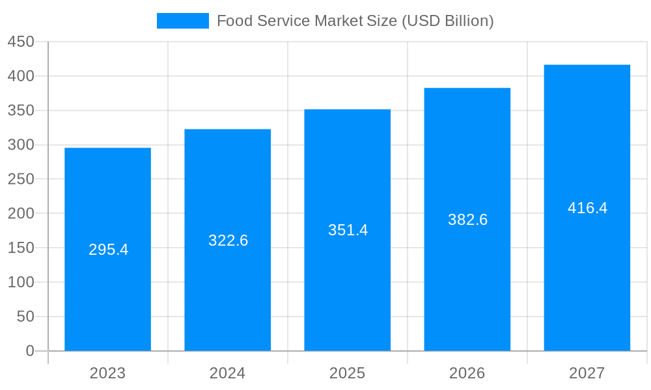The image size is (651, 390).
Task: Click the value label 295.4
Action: click(108, 250)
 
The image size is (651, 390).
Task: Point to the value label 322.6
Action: click(228, 240)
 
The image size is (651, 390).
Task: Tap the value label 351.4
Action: click(348, 230)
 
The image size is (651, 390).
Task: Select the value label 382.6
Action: click(467, 220)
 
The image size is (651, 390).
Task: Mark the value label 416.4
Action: click(587, 208)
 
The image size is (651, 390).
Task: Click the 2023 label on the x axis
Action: click(107, 373)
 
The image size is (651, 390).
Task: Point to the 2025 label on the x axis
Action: click(347, 373)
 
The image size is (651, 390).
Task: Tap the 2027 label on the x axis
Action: click(587, 373)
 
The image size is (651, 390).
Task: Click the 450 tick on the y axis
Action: click(20, 42)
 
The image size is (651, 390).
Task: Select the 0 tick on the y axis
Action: click(30, 351)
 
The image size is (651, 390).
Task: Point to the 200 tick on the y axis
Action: click(20, 213)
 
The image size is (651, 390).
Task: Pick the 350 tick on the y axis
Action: click(20, 110)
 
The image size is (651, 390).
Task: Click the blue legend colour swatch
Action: click(182, 21)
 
